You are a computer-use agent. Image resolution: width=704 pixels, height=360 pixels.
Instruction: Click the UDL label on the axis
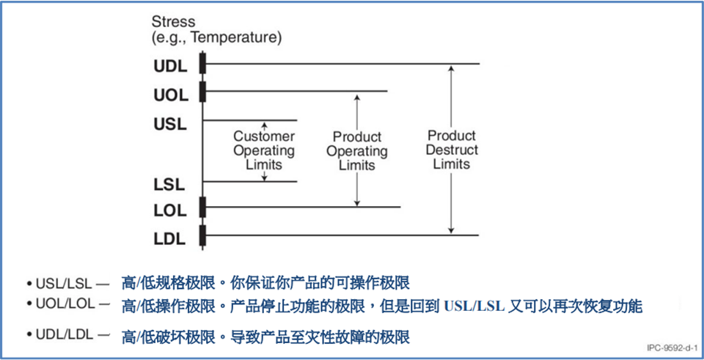(x=170, y=65)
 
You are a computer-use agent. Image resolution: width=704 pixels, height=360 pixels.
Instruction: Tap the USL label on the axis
(x=170, y=123)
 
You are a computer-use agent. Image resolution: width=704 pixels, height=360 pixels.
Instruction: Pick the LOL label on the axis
(x=170, y=210)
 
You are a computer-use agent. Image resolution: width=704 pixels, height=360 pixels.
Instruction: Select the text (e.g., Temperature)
(x=216, y=37)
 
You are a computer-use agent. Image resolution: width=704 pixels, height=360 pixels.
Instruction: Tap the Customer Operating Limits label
(x=264, y=150)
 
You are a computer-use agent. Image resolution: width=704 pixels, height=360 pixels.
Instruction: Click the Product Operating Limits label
(x=357, y=151)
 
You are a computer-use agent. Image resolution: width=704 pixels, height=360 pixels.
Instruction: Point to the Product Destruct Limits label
(x=452, y=150)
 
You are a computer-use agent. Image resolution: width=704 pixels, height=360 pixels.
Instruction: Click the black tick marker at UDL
(x=202, y=64)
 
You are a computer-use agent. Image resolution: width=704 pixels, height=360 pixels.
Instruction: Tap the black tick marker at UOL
(x=202, y=92)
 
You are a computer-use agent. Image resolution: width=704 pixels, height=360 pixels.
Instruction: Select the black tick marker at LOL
(x=202, y=208)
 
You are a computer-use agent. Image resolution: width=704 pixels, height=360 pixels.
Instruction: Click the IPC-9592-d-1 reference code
(x=671, y=348)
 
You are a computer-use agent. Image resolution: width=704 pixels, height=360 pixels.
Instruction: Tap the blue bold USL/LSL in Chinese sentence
(x=474, y=306)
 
